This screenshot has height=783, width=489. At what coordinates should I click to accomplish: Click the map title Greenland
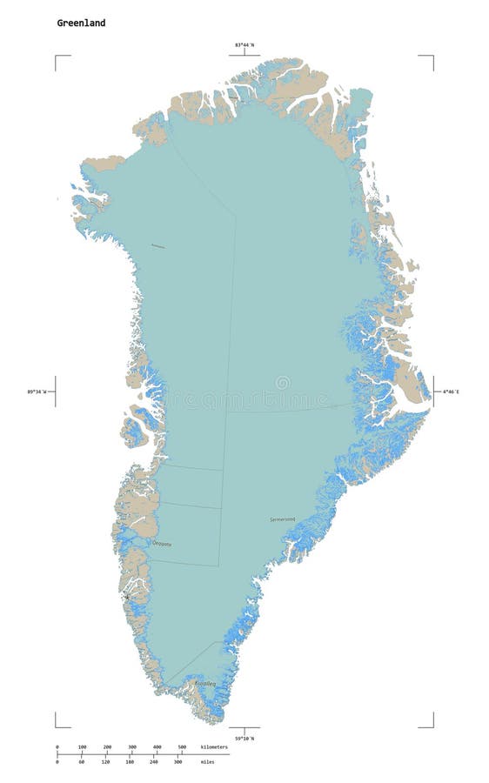click(x=82, y=23)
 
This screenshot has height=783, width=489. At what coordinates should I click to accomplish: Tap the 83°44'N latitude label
click(x=244, y=45)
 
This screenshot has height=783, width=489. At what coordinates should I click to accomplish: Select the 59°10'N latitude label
click(x=244, y=738)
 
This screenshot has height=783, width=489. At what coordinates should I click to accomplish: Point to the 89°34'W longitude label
click(x=38, y=392)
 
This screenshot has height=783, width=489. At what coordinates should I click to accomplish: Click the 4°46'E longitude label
click(x=450, y=392)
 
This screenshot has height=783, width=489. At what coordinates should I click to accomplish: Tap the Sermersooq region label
click(x=283, y=519)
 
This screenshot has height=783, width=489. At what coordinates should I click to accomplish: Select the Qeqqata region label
click(x=162, y=544)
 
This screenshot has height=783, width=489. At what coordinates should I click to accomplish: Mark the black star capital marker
click(x=126, y=597)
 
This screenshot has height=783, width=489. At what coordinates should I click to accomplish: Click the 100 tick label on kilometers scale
click(x=83, y=747)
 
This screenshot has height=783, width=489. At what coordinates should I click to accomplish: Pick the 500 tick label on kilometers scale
click(x=182, y=747)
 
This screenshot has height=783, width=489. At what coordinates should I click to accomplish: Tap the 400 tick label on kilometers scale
click(x=157, y=747)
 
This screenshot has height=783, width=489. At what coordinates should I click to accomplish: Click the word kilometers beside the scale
click(x=214, y=747)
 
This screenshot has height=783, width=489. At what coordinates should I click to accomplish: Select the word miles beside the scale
click(x=207, y=762)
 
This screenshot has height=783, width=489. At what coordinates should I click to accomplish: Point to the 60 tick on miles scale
click(x=81, y=762)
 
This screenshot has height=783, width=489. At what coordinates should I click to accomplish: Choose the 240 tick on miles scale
click(x=153, y=762)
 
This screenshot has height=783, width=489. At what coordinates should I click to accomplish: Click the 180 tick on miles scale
click(x=130, y=762)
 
